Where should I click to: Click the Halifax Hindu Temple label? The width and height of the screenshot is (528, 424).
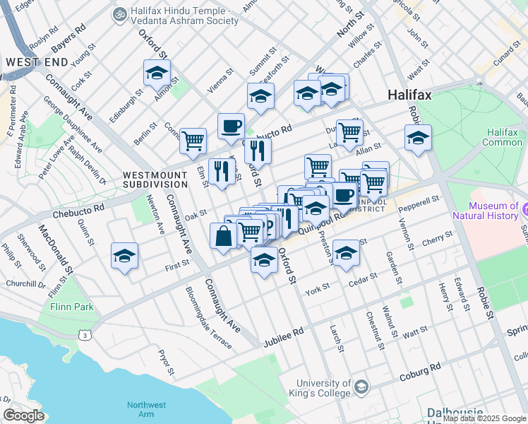click(176, 16)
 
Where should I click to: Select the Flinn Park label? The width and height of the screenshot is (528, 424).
click(72, 307)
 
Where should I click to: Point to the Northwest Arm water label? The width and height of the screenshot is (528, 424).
click(147, 409)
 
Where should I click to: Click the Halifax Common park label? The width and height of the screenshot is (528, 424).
click(503, 137)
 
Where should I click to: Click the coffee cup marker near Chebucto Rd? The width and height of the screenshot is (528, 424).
click(231, 126)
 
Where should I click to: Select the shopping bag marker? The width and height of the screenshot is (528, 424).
click(223, 236)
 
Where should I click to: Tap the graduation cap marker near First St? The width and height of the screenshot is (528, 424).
click(124, 257)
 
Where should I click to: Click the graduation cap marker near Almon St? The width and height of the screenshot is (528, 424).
click(157, 72)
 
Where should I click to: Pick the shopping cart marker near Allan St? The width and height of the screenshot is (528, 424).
click(349, 132)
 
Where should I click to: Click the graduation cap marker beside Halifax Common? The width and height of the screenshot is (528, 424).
click(418, 138)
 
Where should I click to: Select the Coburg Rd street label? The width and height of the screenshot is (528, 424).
click(421, 370)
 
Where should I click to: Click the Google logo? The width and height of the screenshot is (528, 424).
click(24, 416)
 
